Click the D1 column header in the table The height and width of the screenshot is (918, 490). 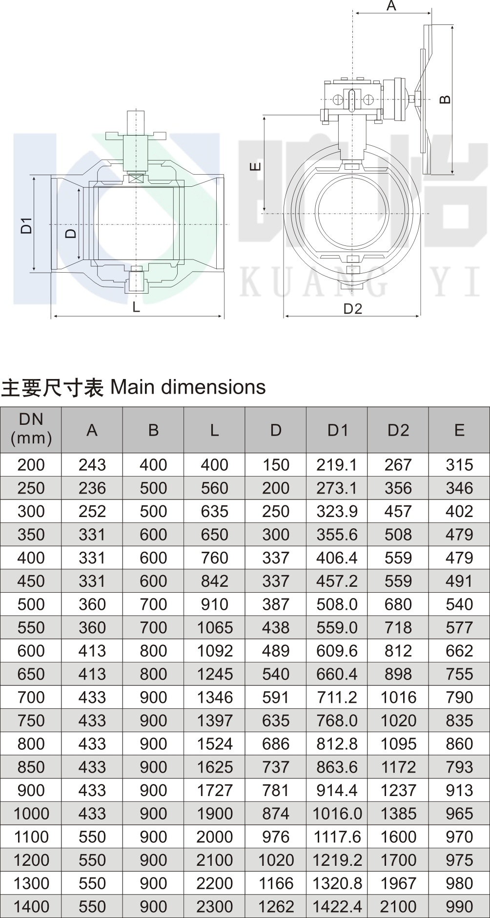pos(337,430)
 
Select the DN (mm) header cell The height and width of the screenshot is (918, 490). pos(31,429)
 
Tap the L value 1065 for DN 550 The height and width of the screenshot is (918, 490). pos(214,627)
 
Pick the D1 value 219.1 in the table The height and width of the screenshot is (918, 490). pos(337,465)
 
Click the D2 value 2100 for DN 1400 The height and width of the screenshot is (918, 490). pos(398,906)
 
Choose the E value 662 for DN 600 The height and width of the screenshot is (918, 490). pos(459,651)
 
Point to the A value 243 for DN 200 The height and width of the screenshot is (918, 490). pos(92,465)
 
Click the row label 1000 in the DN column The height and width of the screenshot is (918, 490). pos(31,813)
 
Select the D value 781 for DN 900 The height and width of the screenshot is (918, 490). pos(276,790)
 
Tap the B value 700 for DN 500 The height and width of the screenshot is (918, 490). pos(153,604)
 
